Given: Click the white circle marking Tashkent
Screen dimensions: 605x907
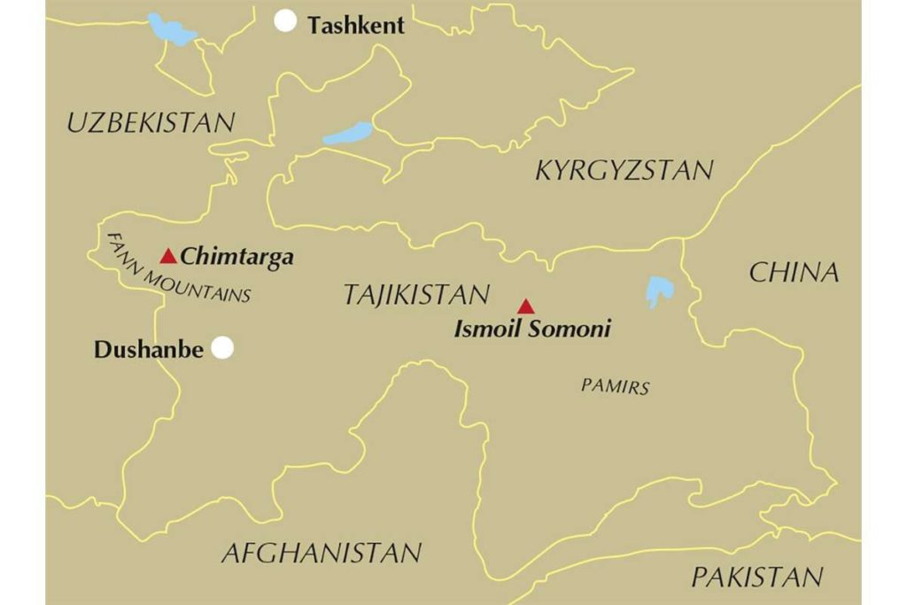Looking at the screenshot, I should coord(285,21).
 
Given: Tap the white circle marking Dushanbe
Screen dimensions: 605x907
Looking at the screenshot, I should coord(223,348).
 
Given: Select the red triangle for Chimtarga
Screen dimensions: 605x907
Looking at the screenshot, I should coord(168,257).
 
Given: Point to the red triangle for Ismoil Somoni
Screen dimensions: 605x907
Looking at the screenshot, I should coord(526,306).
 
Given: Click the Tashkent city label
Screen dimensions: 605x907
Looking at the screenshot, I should coord(356,26).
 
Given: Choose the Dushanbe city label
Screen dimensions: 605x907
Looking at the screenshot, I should coord(150,350).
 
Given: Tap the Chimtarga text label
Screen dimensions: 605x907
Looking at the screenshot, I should coord(236,258).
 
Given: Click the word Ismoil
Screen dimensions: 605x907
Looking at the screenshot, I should coord(489,330).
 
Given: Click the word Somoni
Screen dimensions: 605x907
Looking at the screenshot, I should coord(570,330).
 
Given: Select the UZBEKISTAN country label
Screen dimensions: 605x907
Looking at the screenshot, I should coord(151,123).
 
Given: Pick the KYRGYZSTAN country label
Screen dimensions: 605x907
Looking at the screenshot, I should coord(624,170).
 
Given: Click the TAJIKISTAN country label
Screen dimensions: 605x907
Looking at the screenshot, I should coord(416,295).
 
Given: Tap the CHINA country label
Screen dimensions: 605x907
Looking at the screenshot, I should coord(794,273).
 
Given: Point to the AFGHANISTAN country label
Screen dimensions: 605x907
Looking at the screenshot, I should coord(322,554).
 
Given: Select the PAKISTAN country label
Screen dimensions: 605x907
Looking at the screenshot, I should coord(757,578).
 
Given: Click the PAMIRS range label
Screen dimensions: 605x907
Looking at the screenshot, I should coord(616,386).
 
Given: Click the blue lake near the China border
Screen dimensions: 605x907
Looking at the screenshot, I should coord(657,291).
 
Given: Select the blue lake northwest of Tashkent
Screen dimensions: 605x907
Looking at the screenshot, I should coord(171,30).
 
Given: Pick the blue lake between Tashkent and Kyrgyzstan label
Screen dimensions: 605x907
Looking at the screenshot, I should coord(349,134).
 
